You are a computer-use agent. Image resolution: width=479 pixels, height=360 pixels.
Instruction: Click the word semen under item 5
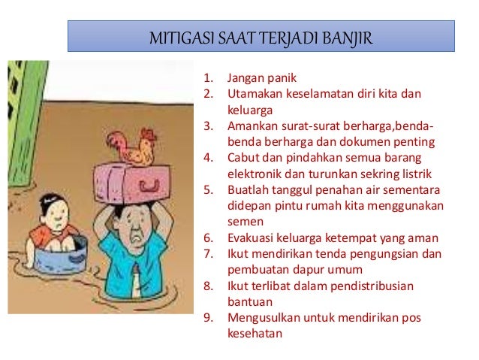coord(243,222)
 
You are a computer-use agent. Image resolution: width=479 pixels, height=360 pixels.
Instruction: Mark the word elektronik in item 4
coord(252,174)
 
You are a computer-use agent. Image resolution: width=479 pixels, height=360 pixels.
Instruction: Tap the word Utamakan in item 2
coord(253,94)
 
